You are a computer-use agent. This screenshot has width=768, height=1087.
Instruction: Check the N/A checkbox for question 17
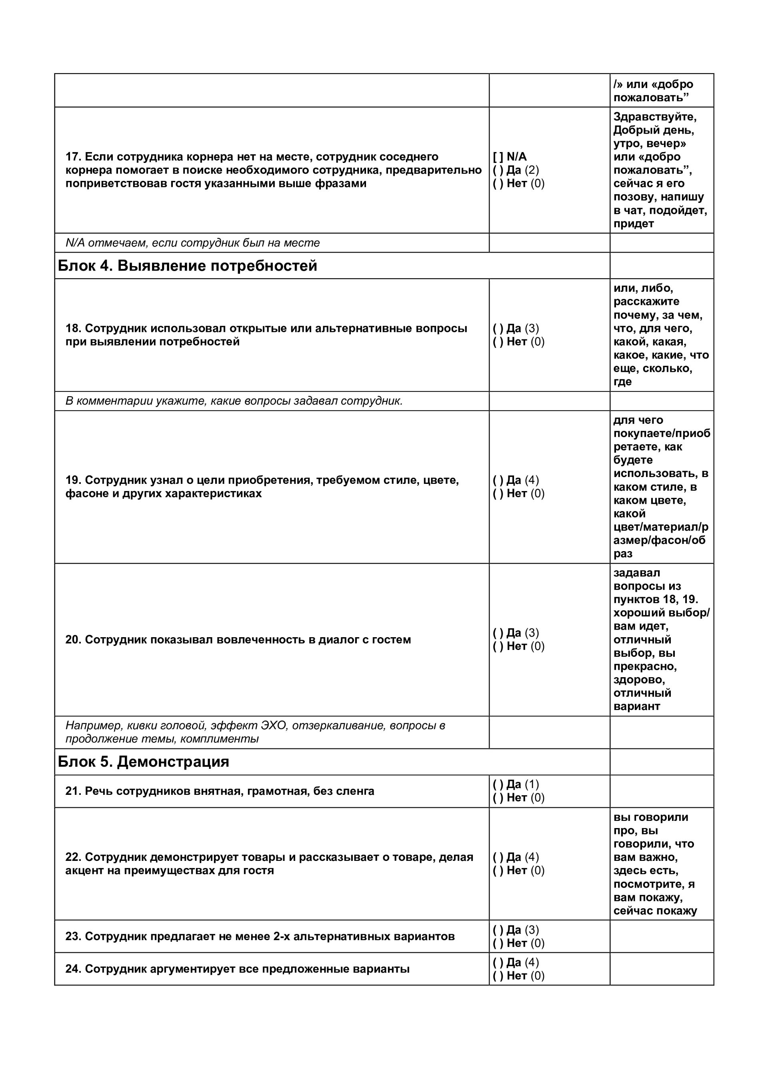498,157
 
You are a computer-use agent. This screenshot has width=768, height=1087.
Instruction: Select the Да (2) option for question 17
498,170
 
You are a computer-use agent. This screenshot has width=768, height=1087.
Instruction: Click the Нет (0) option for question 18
498,342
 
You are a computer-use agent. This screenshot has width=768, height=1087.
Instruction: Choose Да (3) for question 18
498,329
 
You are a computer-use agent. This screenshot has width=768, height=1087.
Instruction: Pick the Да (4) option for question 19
498,480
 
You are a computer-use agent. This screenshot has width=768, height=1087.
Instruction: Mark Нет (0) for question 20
498,646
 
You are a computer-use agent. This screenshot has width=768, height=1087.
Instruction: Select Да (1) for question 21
498,784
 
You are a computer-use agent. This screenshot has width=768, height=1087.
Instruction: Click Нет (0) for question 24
498,976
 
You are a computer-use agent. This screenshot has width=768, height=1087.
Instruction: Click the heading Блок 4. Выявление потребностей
187,266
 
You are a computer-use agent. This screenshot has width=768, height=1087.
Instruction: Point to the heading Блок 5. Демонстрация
143,762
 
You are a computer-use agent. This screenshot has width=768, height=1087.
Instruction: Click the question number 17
73,157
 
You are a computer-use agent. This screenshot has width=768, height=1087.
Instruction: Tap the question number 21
73,791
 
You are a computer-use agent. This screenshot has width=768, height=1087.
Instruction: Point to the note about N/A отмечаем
192,243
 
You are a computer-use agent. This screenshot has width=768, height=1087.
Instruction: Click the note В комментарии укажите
234,401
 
